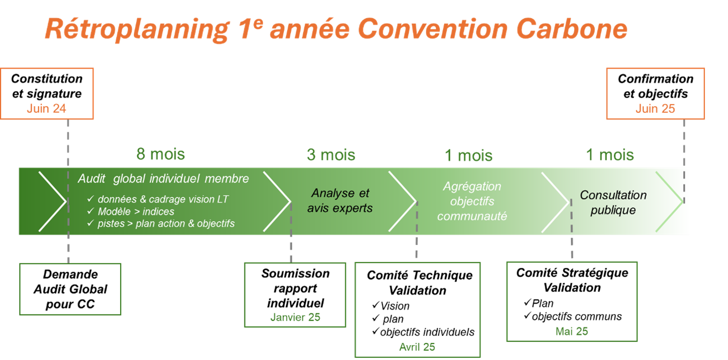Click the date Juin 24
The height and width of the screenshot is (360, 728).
click(46, 108)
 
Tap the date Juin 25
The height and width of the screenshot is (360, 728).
click(655, 108)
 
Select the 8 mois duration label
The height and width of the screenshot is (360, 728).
click(160, 154)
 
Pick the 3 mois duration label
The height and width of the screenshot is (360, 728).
click(331, 154)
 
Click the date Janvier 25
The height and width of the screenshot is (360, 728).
click(295, 317)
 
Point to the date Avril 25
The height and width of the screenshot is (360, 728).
click(417, 347)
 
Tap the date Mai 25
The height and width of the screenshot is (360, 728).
click(571, 331)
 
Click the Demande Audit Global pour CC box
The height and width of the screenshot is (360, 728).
click(70, 289)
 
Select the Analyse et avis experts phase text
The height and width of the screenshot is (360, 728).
click(340, 201)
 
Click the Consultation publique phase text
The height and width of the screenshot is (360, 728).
click(613, 202)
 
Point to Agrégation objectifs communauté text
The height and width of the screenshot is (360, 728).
click(472, 201)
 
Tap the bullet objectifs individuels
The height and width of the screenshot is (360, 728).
click(427, 332)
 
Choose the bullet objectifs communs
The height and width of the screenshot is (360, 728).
click(576, 316)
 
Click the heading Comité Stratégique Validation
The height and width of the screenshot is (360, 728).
click(572, 280)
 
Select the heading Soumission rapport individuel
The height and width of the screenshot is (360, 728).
click(295, 288)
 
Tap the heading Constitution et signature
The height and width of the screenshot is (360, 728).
click(46, 86)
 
